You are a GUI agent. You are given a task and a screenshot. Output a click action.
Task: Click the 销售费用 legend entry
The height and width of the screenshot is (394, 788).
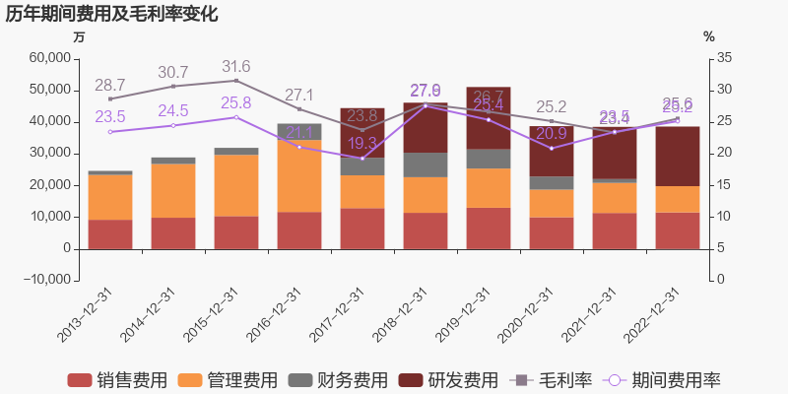pyautogui.click(x=116, y=380)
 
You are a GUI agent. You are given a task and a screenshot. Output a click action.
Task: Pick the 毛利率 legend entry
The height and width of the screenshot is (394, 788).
pyautogui.click(x=553, y=380)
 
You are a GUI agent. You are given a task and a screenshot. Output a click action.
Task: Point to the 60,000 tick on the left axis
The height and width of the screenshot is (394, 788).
pyautogui.click(x=50, y=58)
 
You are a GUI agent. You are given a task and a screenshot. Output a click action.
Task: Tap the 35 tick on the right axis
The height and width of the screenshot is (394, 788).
pyautogui.click(x=724, y=58)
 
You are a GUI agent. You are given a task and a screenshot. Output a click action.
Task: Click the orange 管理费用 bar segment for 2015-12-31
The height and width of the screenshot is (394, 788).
pyautogui.click(x=236, y=185)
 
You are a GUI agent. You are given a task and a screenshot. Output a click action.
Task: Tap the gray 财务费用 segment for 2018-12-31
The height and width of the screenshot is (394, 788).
pyautogui.click(x=426, y=164)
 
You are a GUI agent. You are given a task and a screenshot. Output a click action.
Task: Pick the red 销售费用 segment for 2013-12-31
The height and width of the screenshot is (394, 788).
pyautogui.click(x=110, y=233)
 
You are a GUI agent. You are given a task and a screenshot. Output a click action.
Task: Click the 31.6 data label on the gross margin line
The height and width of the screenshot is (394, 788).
pyautogui.click(x=236, y=67)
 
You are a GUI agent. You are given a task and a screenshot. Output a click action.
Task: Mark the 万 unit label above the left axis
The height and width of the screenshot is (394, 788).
pyautogui.click(x=80, y=37)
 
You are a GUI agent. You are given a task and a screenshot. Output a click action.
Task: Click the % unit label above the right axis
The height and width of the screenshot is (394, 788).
pyautogui.click(x=709, y=37)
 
